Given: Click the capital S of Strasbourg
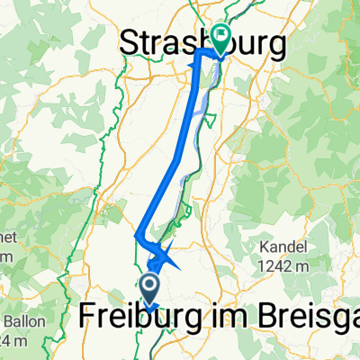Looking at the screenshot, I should pos(131,42).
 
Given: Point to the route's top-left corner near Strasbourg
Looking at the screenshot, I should pos(199,55).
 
